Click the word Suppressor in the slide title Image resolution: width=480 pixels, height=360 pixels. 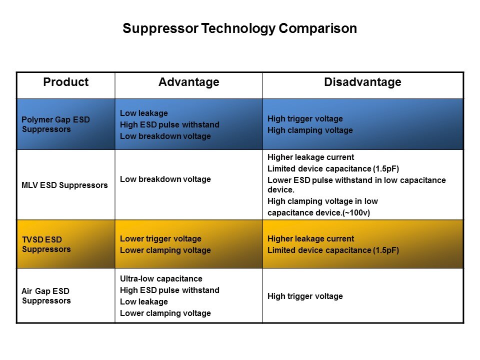[160, 29]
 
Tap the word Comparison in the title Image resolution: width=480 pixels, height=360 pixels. [318, 29]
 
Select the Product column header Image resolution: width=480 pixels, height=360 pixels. [66, 82]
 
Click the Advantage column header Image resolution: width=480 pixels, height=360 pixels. [189, 82]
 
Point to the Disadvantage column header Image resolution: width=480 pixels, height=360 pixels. [363, 82]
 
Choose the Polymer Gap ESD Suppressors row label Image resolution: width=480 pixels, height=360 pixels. [55, 124]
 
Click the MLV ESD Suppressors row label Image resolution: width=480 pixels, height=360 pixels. [64, 185]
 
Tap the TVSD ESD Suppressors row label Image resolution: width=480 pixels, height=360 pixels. [46, 244]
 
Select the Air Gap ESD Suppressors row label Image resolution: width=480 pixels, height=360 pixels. [46, 295]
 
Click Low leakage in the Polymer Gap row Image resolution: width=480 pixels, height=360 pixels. [144, 113]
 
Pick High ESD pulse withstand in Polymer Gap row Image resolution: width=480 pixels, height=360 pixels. [169, 124]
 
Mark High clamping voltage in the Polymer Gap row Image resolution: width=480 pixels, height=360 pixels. [310, 130]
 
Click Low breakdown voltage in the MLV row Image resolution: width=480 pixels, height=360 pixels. [165, 179]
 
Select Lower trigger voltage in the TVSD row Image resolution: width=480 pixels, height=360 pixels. [160, 239]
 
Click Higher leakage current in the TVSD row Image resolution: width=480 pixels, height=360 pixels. [310, 238]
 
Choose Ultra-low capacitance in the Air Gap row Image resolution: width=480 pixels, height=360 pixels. [161, 279]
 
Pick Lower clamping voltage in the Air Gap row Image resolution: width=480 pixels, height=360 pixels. [165, 313]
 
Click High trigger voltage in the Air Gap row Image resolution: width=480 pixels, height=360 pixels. [305, 296]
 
